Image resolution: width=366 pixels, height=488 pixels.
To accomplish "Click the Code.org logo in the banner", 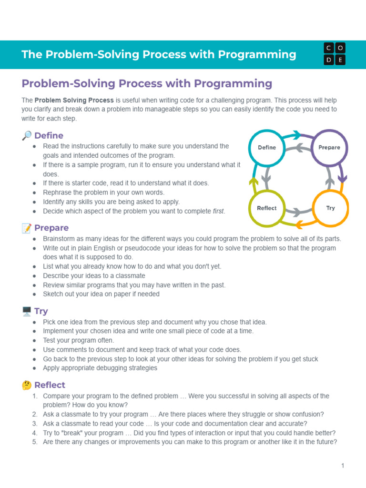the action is (335, 54).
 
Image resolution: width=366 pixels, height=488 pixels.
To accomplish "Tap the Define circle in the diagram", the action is (267, 147).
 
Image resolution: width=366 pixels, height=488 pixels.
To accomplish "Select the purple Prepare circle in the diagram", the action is (329, 147).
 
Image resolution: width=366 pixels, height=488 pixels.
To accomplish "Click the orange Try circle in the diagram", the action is (330, 208).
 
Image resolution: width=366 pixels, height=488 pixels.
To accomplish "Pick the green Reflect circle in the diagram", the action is (267, 208).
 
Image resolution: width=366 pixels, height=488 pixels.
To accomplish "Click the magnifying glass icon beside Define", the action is (27, 136).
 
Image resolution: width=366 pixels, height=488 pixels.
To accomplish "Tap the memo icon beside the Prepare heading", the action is (27, 228).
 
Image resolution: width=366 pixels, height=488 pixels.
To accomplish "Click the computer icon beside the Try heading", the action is (27, 311).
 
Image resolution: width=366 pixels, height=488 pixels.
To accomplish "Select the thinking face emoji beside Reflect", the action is (27, 385).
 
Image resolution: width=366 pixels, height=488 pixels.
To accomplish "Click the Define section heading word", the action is (49, 136).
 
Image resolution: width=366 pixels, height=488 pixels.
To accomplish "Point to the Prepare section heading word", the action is (51, 228).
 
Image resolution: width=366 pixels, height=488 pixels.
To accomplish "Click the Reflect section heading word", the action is (50, 385).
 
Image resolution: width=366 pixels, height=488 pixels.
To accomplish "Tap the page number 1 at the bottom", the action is (342, 466).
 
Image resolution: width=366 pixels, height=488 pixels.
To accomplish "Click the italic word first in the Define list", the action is (218, 211).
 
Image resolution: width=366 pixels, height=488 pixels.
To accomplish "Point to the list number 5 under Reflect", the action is (35, 442).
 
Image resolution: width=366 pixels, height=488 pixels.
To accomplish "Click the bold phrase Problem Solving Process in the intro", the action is (74, 100).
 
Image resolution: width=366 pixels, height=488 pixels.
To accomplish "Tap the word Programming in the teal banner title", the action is (257, 54).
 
